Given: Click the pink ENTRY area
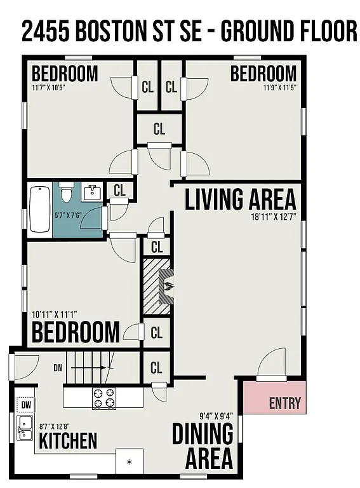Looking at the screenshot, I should tap(275, 398).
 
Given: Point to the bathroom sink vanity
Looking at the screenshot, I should tap(93, 191).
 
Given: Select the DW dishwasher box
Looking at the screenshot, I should tap(25, 404).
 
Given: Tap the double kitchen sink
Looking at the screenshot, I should tap(25, 427).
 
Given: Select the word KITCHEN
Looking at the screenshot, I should tap(68, 440).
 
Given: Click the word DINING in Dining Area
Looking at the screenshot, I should tap(203, 435).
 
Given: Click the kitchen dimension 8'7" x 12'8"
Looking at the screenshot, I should tap(55, 426).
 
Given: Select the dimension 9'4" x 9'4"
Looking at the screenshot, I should tap(216, 416).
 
